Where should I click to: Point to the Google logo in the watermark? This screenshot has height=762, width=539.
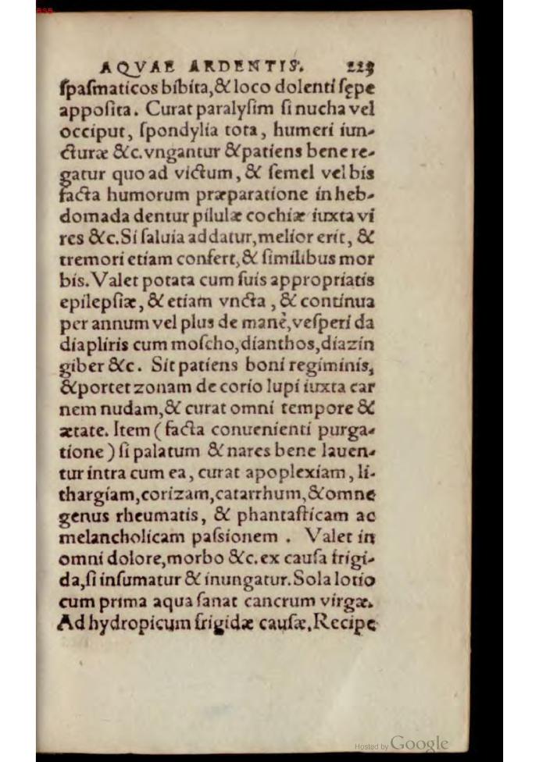419,742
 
